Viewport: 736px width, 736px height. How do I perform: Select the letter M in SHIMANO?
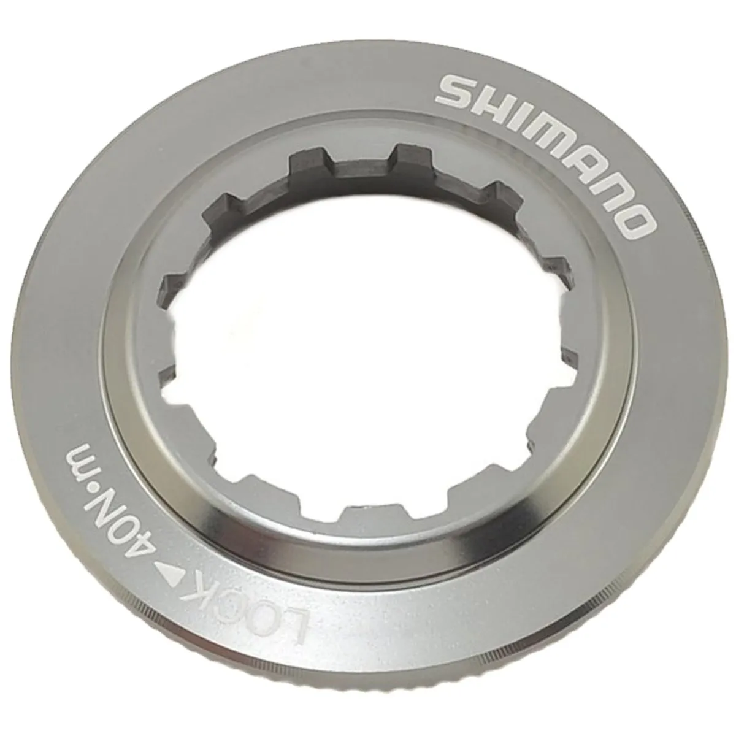(x=547, y=139)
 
